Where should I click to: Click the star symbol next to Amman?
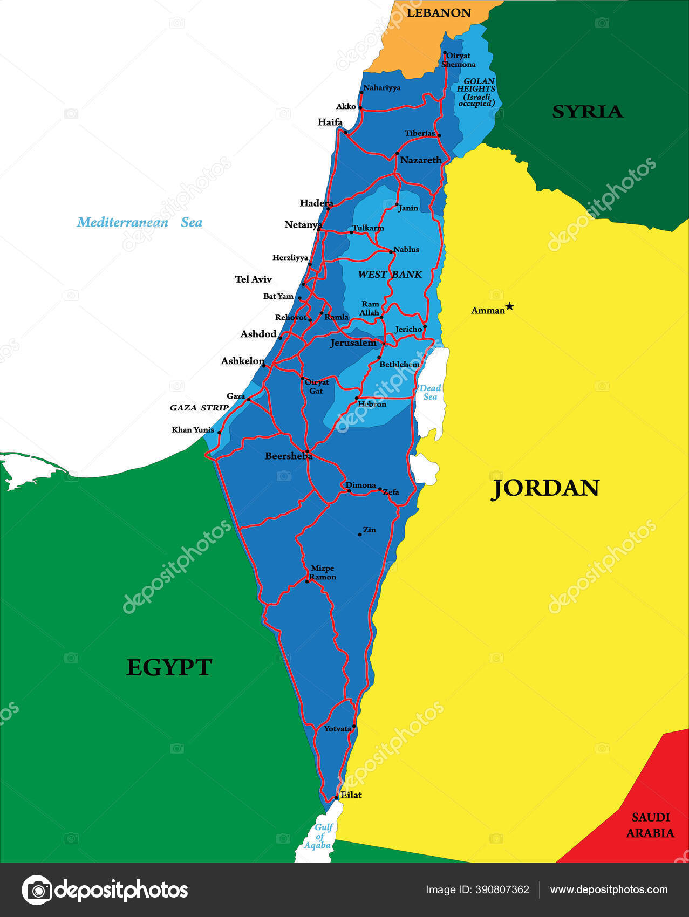click(x=509, y=306)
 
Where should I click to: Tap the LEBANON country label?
click(x=439, y=13)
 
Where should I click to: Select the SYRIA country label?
click(x=588, y=112)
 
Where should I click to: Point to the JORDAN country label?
click(x=545, y=488)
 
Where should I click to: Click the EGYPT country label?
click(x=169, y=668)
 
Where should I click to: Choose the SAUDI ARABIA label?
click(x=650, y=825)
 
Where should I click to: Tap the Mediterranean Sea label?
click(x=139, y=222)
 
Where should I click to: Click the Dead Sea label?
click(x=430, y=392)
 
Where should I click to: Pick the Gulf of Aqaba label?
click(x=318, y=836)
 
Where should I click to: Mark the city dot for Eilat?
click(x=336, y=797)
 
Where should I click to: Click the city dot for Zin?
click(x=360, y=535)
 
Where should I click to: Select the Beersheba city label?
click(x=288, y=456)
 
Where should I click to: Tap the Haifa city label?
click(x=330, y=122)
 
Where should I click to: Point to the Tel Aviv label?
click(x=253, y=279)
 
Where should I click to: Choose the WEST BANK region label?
click(x=390, y=275)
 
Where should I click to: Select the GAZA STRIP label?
click(x=199, y=408)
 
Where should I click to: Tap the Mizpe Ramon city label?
click(x=323, y=572)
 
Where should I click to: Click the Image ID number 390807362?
click(x=502, y=889)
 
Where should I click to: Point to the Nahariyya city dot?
click(x=361, y=93)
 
